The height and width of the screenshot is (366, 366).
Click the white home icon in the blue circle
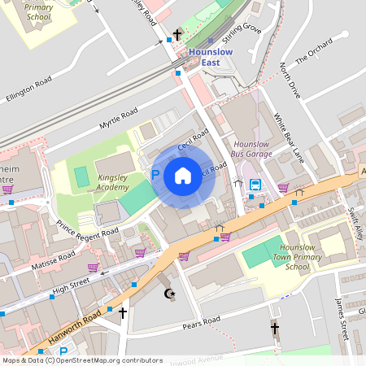(183, 175)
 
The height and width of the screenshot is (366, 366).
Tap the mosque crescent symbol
(170, 294)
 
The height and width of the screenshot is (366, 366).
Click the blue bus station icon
(255, 184)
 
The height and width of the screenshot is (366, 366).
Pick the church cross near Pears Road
(275, 329)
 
